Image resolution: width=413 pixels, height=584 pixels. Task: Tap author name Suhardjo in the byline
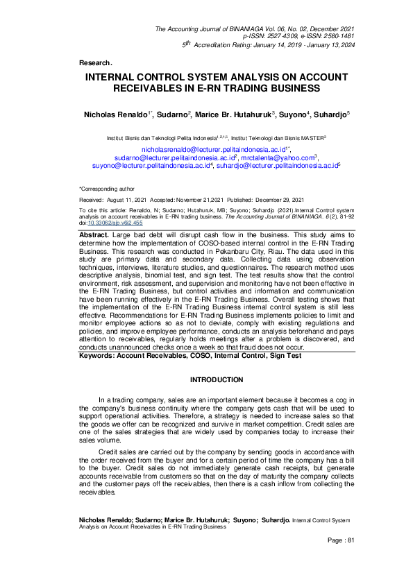point(328,113)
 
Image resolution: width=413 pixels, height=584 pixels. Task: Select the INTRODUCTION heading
point(217,379)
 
